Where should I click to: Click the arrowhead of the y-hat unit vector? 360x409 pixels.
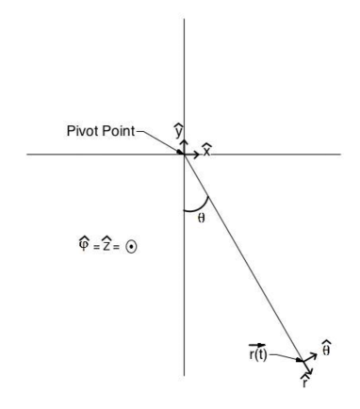183,141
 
